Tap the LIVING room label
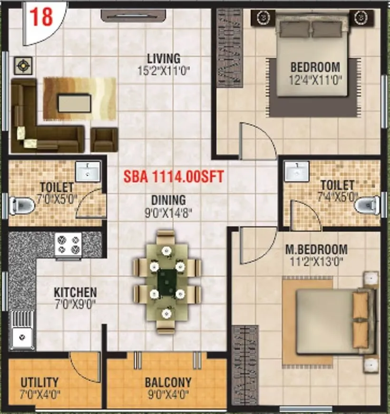coord(164,59)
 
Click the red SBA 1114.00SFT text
coord(174,177)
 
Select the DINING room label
coord(166,200)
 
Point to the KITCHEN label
coord(75,292)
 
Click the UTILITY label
coord(40,382)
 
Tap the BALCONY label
coord(168,382)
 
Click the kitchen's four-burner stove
coord(68,245)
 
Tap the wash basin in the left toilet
coord(88,171)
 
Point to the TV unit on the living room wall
coord(133,16)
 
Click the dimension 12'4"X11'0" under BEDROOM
coord(315,79)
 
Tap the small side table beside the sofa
coord(22,66)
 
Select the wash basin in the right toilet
coord(297,172)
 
